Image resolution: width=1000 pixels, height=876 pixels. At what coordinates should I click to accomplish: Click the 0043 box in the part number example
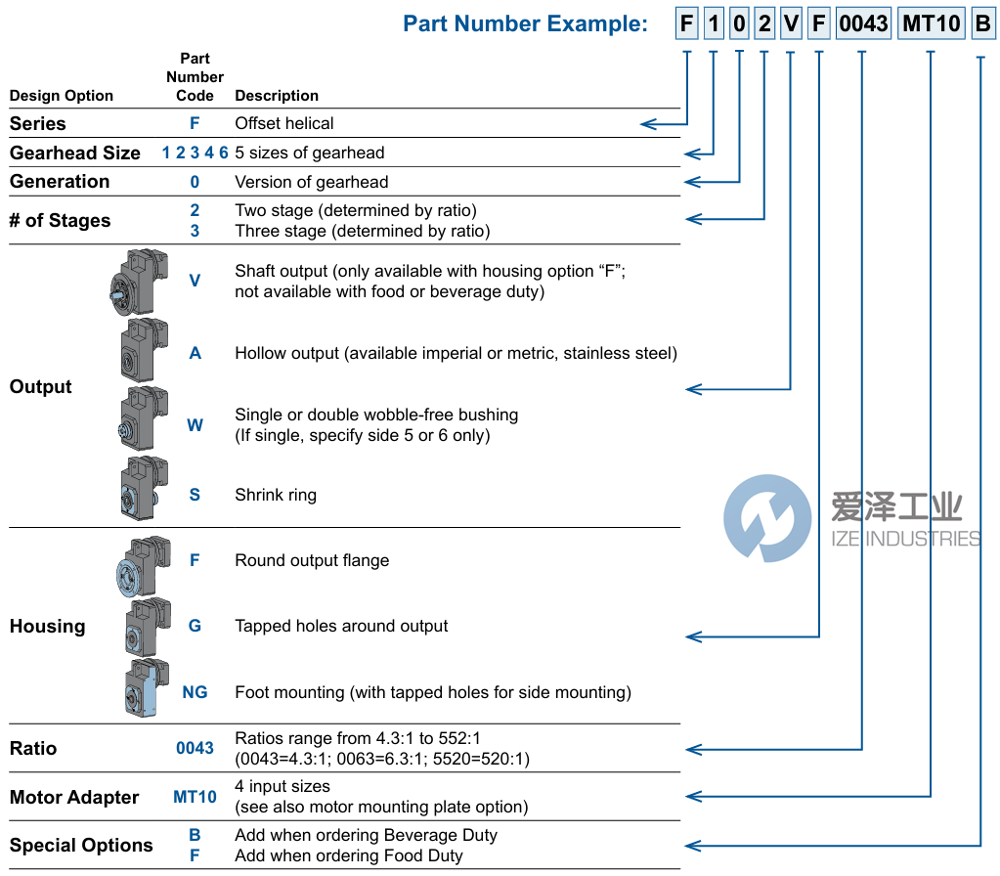(x=863, y=23)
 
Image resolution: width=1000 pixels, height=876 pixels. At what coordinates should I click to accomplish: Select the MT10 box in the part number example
(x=931, y=23)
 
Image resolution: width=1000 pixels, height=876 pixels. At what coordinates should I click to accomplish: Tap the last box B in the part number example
(x=982, y=23)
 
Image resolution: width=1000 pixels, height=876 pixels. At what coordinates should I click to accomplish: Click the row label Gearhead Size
(x=75, y=153)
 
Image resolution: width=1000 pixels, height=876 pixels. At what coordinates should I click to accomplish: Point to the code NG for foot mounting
(x=195, y=692)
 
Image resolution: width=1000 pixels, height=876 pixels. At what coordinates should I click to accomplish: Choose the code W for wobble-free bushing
(x=195, y=425)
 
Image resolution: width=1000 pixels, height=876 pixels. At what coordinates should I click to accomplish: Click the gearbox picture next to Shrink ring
(x=139, y=486)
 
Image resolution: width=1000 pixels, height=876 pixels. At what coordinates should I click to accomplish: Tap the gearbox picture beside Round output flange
(x=142, y=564)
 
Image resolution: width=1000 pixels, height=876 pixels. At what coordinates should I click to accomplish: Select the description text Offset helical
(x=284, y=123)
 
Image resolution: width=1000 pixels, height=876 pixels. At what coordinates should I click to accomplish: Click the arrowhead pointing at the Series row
(x=647, y=123)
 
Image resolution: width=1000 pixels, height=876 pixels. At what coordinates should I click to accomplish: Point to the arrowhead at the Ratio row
(x=693, y=749)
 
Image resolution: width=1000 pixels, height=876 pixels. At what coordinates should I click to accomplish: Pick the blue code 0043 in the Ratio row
(x=195, y=748)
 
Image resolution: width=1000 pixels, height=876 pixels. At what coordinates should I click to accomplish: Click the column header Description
(x=277, y=96)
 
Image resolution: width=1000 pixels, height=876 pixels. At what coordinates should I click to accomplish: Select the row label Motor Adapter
(x=74, y=798)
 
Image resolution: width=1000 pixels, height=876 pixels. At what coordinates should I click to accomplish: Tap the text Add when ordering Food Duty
(x=349, y=855)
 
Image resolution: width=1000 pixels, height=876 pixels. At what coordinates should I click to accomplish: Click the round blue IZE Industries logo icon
(x=767, y=518)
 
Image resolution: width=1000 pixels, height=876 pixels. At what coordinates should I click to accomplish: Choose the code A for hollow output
(x=195, y=353)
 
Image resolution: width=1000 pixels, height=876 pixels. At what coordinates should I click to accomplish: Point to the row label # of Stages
(x=60, y=221)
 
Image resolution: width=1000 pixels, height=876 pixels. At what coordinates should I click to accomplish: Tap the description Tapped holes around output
(x=341, y=626)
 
